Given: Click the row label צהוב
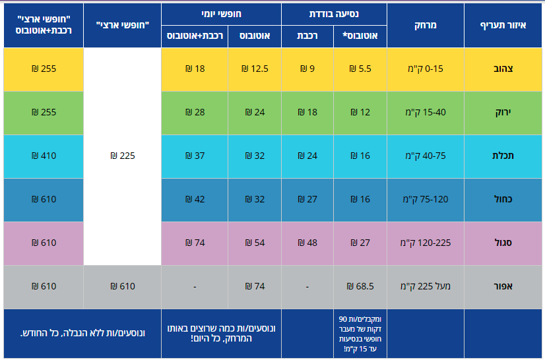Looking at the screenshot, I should tap(503, 69).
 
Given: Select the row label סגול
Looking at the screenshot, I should tap(503, 243).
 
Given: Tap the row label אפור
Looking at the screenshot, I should tap(503, 286).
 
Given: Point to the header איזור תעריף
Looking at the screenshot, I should tap(503, 25).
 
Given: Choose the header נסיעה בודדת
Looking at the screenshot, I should tap(334, 13).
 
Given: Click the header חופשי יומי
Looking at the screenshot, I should tap(221, 13).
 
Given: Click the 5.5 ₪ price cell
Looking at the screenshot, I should tap(360, 69).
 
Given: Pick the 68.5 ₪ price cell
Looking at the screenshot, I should tap(360, 286).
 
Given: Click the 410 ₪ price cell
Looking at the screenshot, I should tap(44, 156).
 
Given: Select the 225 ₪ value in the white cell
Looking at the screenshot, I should tap(123, 156).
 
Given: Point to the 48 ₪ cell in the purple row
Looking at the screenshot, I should tap(307, 243).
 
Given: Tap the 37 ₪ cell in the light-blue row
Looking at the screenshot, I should tap(195, 156).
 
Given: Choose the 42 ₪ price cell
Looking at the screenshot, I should tap(195, 199).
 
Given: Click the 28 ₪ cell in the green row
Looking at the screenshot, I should tap(195, 112).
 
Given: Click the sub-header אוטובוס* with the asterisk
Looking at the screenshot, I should tap(361, 36).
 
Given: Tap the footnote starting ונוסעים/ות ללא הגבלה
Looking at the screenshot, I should tap(82, 334).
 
